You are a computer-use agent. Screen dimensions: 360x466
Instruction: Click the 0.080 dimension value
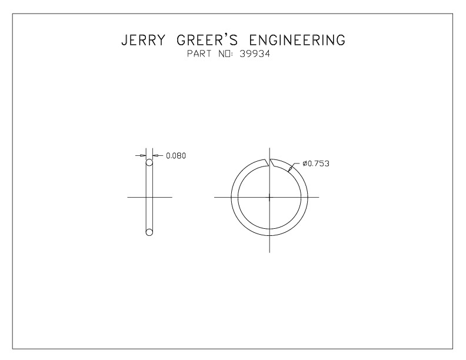click(x=176, y=156)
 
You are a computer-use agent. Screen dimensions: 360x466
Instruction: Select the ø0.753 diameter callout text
click(x=315, y=164)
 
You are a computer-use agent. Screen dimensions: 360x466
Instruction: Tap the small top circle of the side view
click(x=149, y=162)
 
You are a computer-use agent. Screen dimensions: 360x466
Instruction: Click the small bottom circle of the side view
click(x=149, y=232)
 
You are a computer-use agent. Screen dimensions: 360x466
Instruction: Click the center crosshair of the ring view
click(x=269, y=197)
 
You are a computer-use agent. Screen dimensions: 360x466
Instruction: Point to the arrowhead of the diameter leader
click(x=290, y=171)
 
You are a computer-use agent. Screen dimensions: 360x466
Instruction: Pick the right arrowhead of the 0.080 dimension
click(x=154, y=155)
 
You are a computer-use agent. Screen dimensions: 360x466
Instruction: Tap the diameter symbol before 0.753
click(x=305, y=164)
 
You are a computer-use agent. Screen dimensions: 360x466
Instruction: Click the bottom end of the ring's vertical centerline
click(x=269, y=252)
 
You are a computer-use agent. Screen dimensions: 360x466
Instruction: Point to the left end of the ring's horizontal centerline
click(x=214, y=197)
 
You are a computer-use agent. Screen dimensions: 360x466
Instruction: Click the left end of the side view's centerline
click(x=128, y=197)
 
